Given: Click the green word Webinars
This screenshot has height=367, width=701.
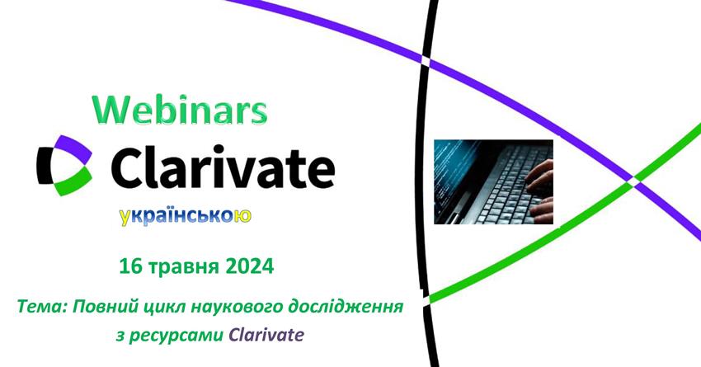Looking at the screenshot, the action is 180,110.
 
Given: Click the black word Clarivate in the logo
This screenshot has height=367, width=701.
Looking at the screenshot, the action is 223,166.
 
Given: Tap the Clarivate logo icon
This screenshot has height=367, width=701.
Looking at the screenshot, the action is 64,166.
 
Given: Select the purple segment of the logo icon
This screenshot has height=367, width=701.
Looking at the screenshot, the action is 74,148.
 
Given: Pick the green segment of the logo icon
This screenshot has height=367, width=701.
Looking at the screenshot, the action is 74,182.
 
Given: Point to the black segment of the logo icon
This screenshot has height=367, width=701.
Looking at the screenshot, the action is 44,166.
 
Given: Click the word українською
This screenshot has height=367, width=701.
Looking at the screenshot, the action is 185,216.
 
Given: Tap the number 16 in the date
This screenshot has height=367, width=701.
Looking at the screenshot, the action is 129,267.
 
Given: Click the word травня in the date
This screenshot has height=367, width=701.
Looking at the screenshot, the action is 183,268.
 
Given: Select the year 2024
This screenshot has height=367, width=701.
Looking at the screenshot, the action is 249,267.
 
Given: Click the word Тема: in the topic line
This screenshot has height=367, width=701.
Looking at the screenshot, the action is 41,307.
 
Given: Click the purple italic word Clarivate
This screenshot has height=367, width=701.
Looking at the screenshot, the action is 266,334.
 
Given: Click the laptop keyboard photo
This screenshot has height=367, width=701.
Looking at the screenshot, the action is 493,182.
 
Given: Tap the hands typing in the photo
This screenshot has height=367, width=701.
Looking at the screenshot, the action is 539,192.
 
